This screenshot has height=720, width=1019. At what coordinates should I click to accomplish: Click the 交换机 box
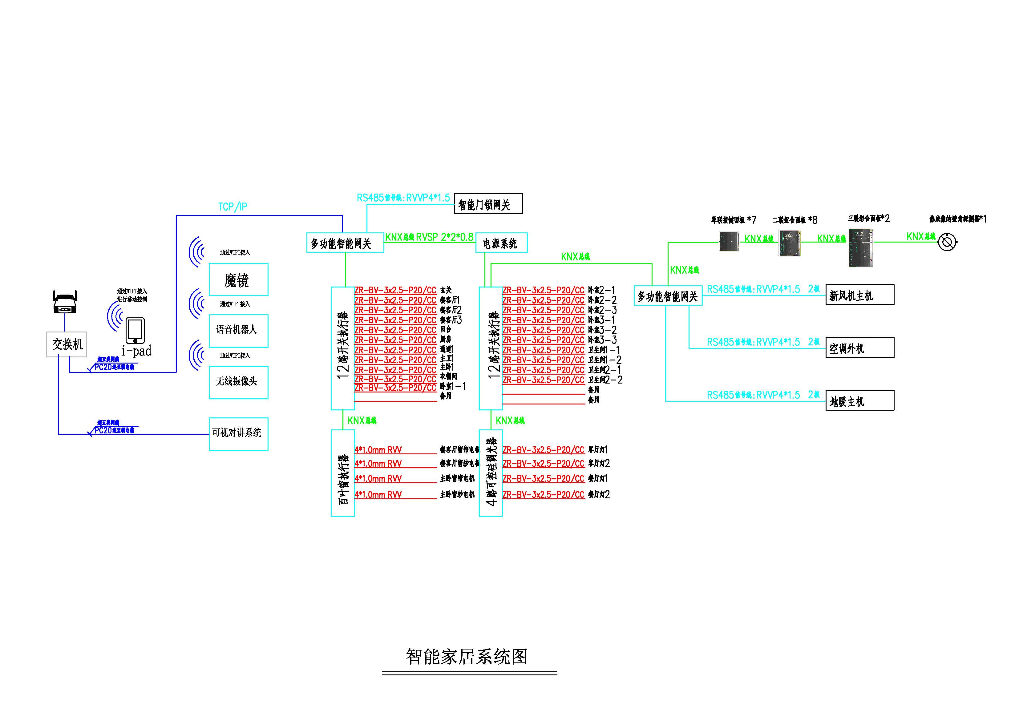tap(67, 344)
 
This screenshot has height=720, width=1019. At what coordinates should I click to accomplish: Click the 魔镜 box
tap(238, 280)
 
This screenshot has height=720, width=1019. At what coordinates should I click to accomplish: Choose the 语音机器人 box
tap(238, 331)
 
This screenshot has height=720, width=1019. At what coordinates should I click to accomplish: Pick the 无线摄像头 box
tap(238, 382)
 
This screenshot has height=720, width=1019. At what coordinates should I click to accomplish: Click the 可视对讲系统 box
tap(238, 433)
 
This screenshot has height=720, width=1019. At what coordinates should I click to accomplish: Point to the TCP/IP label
tap(233, 207)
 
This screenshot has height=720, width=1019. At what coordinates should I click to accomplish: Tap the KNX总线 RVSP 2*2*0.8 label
tap(429, 237)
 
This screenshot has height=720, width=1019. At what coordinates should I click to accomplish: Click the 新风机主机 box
tap(859, 295)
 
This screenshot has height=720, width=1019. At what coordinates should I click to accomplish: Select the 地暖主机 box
tap(859, 400)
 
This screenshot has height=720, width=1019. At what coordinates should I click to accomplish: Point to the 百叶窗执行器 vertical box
tap(343, 473)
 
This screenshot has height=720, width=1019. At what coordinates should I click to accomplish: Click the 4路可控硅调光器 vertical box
tap(491, 473)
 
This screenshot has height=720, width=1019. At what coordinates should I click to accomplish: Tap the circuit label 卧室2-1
tap(601, 290)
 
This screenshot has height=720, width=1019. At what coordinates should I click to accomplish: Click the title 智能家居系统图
tap(467, 657)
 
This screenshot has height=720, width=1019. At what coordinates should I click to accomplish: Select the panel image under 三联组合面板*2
tap(860, 247)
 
